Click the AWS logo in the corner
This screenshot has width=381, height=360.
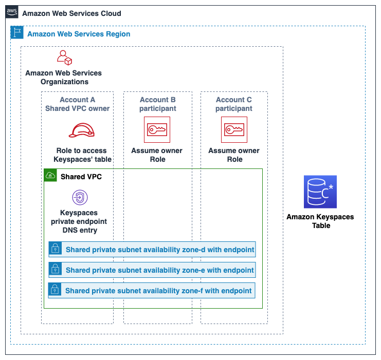[x=12, y=12]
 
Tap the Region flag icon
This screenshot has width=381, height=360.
[x=17, y=33]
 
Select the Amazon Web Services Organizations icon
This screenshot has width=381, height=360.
[x=64, y=58]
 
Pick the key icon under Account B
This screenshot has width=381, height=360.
[x=157, y=130]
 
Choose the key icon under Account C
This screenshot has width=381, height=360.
[x=234, y=130]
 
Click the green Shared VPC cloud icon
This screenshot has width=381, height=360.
[x=50, y=176]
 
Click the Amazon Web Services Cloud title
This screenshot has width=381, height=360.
[x=71, y=13]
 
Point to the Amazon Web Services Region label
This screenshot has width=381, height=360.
[x=79, y=34]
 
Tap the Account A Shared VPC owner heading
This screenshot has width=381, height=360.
[x=77, y=104]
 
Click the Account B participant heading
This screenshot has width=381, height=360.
[x=157, y=104]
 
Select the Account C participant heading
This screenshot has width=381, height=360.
[x=234, y=104]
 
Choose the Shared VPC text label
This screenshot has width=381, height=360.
[x=81, y=177]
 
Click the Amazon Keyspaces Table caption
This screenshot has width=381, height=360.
[x=320, y=221]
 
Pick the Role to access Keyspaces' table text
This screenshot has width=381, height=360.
[x=82, y=155]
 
